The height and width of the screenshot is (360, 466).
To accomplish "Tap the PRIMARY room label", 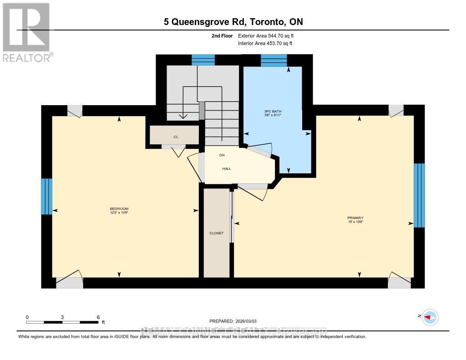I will (355, 218).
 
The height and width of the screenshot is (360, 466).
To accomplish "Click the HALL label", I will (227, 168).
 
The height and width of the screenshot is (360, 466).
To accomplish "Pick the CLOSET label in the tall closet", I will (217, 233).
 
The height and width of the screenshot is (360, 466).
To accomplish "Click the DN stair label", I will (222, 155).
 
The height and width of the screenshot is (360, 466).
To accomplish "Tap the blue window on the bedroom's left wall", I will (46, 196).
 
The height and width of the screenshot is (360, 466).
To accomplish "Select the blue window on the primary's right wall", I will (419, 195).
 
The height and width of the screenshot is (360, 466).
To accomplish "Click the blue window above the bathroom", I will (274, 60).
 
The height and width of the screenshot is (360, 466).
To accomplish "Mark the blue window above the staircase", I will (203, 60).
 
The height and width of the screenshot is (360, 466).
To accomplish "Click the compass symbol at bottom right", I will (430, 317).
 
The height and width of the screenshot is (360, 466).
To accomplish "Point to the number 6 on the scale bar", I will (98, 317).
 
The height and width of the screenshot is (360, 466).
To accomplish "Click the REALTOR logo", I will (26, 32).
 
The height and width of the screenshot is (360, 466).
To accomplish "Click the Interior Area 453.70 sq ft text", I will (265, 44).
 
